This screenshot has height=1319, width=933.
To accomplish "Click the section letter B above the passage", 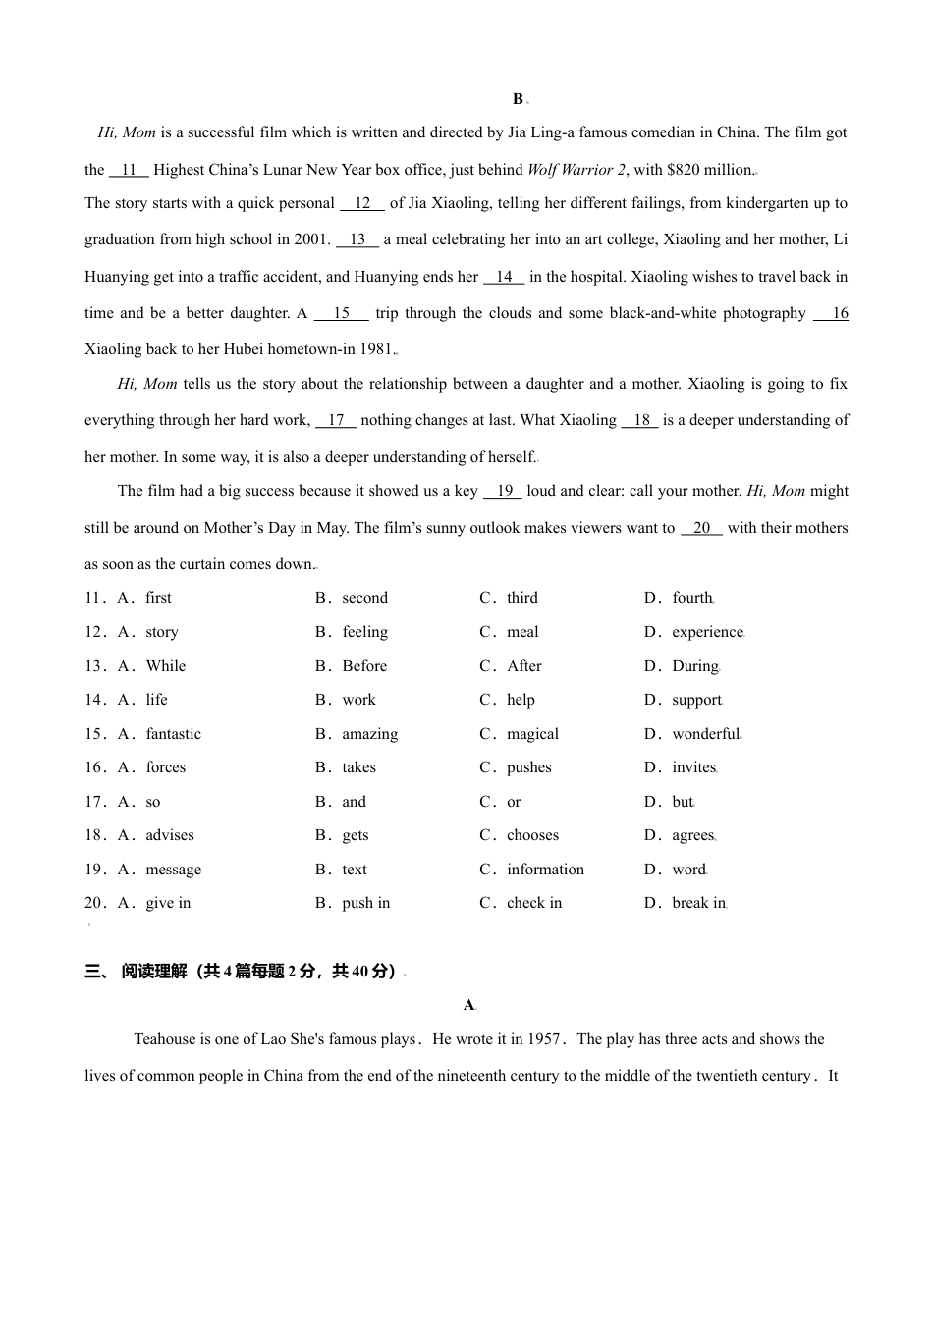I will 518,99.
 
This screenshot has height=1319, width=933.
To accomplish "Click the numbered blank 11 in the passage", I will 129,170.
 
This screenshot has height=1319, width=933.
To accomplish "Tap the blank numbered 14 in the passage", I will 504,277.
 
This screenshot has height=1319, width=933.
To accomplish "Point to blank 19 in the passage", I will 504,491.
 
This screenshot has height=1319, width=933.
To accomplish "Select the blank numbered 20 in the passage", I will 701,528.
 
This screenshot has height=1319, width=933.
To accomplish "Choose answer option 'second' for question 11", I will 364,598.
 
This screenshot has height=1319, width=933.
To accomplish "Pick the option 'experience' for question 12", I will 707,632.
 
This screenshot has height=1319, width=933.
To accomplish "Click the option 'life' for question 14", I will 156,700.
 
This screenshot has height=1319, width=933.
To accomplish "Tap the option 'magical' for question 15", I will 532,734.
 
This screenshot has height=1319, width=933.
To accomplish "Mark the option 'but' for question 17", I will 682,802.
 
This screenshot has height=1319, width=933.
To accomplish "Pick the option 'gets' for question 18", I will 356,835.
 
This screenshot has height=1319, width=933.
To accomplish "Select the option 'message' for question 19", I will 173,870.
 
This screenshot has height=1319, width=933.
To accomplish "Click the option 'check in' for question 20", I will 534,903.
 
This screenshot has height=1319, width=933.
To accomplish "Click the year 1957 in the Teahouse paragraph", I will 543,1039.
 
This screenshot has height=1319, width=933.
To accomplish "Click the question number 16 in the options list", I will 94,767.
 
